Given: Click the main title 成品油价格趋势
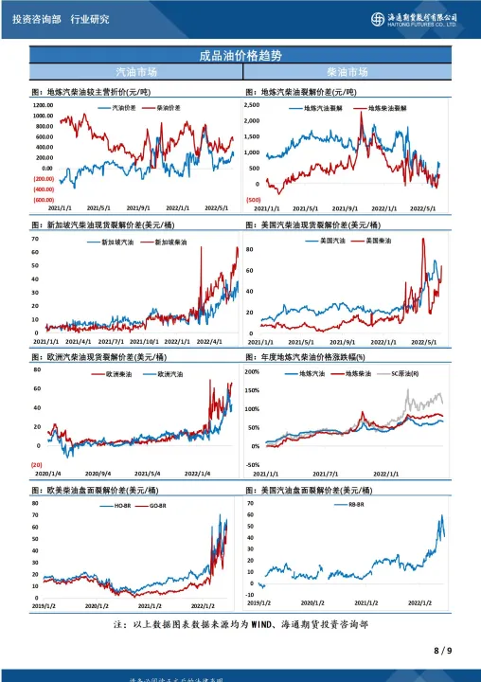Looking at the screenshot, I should (240, 55).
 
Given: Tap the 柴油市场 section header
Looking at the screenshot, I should (347, 72).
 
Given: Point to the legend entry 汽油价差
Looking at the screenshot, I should (118, 108).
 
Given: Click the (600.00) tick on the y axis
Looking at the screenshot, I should (44, 200).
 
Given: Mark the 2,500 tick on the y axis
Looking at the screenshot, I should (252, 106).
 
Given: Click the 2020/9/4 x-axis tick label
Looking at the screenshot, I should (98, 473).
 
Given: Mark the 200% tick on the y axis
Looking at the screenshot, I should (252, 372).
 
